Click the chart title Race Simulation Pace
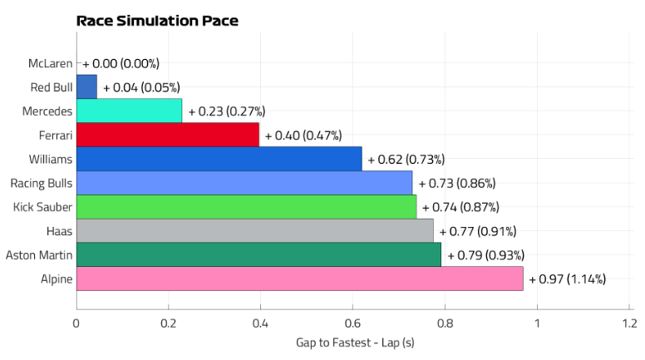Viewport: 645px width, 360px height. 157,21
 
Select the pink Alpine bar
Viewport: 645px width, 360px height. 299,279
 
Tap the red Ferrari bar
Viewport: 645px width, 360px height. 168,135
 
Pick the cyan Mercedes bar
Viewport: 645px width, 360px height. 129,111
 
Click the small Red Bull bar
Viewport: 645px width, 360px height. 86,86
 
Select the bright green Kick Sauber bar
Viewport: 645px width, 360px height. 246,207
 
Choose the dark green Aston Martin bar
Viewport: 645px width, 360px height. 258,254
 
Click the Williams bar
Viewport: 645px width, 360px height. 219,159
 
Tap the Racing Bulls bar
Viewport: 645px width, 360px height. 244,183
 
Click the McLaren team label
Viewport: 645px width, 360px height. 50,63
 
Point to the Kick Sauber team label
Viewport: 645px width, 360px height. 42,207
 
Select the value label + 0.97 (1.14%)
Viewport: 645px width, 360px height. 567,279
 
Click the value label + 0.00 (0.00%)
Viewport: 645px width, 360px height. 121,63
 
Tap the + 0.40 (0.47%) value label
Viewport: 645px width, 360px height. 303,136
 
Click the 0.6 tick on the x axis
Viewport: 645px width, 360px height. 352,323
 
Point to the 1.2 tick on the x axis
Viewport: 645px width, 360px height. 628,323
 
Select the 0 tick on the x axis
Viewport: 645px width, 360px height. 76,323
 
